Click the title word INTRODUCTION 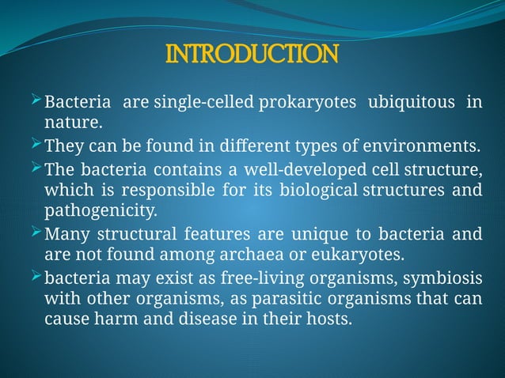(252, 55)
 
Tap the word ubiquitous (409, 103)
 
